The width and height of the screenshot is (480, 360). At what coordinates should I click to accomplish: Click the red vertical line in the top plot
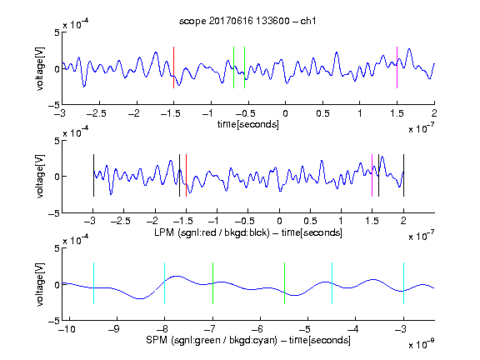pos(174,67)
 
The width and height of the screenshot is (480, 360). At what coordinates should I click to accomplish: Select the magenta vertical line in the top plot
pos(397,67)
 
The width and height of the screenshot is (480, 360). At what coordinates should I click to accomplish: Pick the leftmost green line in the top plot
pos(234,67)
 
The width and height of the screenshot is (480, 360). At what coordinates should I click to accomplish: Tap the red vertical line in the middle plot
pos(186,175)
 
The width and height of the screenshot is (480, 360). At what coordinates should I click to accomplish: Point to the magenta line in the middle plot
pos(372,175)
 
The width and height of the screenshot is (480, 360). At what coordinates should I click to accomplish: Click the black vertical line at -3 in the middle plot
pos(93,175)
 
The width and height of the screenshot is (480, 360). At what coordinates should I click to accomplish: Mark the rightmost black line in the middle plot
pos(404,175)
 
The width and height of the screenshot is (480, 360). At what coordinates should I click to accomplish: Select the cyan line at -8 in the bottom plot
pos(165,283)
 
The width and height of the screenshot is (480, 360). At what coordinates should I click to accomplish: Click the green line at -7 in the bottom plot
pos(212,283)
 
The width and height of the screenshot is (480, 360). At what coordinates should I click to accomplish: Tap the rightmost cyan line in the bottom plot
pos(404,283)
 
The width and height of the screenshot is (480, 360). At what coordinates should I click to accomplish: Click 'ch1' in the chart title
pos(308,21)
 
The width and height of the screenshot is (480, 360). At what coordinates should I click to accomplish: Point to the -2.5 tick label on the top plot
pos(96,113)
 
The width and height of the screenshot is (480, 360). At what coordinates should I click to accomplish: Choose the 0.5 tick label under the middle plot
pos(310,221)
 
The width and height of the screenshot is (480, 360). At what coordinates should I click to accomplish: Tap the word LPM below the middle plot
pos(164,232)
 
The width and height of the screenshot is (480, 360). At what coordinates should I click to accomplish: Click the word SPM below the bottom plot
pos(156,340)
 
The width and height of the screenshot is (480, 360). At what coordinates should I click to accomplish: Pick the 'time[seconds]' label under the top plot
pos(248,124)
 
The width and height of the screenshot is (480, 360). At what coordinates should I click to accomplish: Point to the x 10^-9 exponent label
pos(421,343)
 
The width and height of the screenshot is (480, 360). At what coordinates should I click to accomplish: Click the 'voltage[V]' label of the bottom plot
pos(40,284)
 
